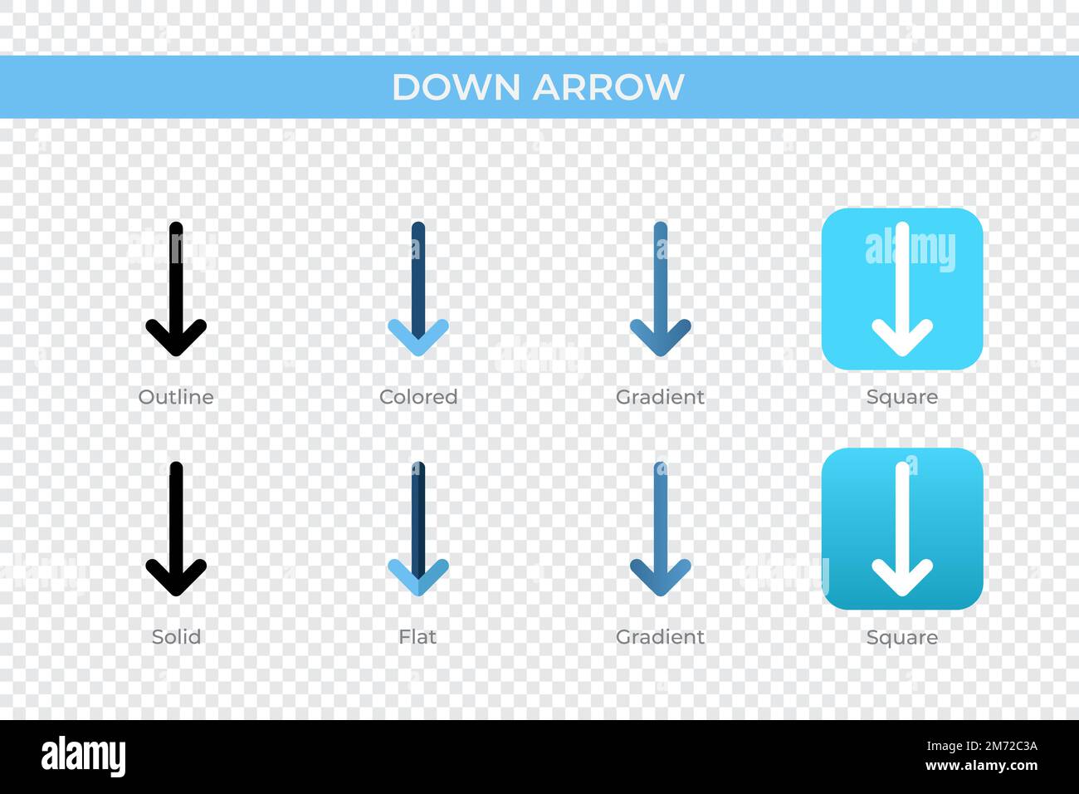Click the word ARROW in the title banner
pos(608,87)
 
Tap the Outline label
pos(176,397)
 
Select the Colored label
pos(418,397)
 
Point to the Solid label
pos(176,637)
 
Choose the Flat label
pos(417,637)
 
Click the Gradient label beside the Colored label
pos(660,397)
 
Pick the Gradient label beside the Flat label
pos(660,637)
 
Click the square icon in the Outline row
pos(902,288)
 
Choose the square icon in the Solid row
pos(902,528)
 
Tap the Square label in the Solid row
pos(902,637)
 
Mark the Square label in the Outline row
pos(902,397)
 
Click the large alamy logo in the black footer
pos(84,757)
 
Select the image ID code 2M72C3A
pos(993,745)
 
